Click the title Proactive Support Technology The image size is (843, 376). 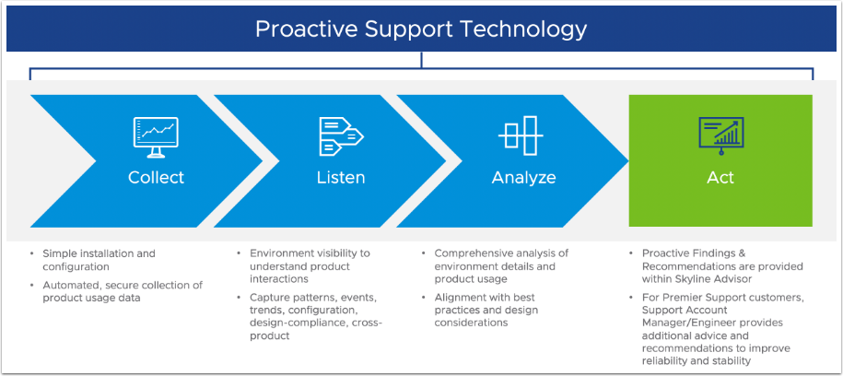tap(421, 29)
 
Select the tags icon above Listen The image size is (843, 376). tap(341, 135)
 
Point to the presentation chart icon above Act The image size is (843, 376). tap(720, 135)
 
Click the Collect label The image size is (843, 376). tap(156, 177)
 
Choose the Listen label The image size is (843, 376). tap(341, 177)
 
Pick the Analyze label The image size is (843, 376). tap(523, 177)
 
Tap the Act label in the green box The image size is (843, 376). tap(720, 177)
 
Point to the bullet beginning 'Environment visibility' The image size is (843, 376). tap(310, 259)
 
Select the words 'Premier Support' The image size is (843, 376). tap(706, 298)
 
